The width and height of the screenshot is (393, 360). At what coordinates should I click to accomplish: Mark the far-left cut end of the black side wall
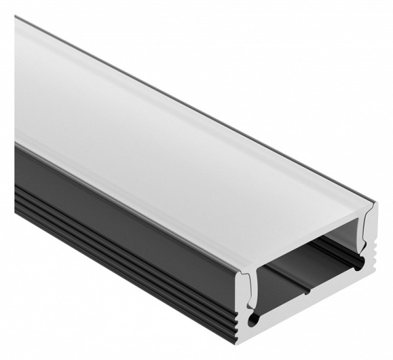click(x=16, y=177)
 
